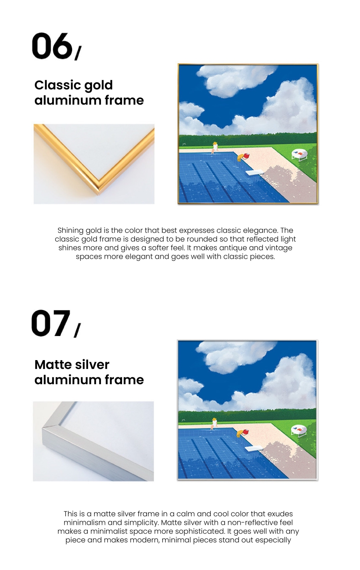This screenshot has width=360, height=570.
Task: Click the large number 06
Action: coord(52,46)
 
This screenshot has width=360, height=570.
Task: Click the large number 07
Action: coord(51,323)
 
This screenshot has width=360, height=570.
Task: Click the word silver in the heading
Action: coord(92,365)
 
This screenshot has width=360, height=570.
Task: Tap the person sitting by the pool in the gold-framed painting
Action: coord(215,148)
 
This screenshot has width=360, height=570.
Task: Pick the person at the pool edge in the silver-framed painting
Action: coord(214,424)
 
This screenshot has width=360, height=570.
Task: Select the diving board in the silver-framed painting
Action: coord(253,449)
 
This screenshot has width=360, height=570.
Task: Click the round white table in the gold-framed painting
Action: coord(300,155)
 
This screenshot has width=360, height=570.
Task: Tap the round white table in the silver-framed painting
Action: coord(299,430)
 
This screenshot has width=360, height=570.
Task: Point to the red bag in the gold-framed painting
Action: coord(246,156)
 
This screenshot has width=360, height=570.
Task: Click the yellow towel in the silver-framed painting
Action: coord(239,433)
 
